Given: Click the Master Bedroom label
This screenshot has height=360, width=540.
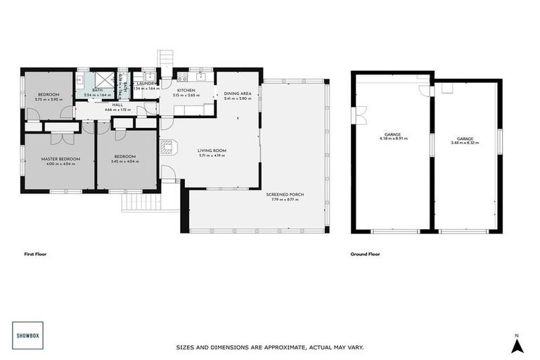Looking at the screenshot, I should tap(60, 159).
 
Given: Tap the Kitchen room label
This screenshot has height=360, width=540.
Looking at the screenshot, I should tap(186, 91).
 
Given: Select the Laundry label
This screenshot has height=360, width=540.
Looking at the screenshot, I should tap(146, 84).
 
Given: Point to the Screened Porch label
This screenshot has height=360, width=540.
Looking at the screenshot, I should tap(285, 195).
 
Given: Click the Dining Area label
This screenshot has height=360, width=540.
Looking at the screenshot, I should tap(238, 94).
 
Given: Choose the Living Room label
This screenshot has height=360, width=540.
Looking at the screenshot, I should tap(211, 150).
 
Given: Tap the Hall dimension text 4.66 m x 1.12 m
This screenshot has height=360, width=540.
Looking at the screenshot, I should tap(117, 110).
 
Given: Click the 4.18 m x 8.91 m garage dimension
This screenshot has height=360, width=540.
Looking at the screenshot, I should tap(392, 139).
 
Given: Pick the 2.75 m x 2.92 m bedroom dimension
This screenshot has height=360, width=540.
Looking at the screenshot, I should tap(49, 99).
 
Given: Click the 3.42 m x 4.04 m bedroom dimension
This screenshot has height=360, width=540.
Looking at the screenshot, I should tap(125, 162).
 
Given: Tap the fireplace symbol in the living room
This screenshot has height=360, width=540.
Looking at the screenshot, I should tap(167, 147).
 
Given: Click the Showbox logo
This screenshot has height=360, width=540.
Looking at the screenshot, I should tap(26, 335).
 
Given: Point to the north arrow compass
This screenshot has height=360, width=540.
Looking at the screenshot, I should tap(517, 344).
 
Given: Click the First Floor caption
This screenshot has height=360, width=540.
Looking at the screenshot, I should tap(34, 254).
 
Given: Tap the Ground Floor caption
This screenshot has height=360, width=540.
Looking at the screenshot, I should tap(365, 254).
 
